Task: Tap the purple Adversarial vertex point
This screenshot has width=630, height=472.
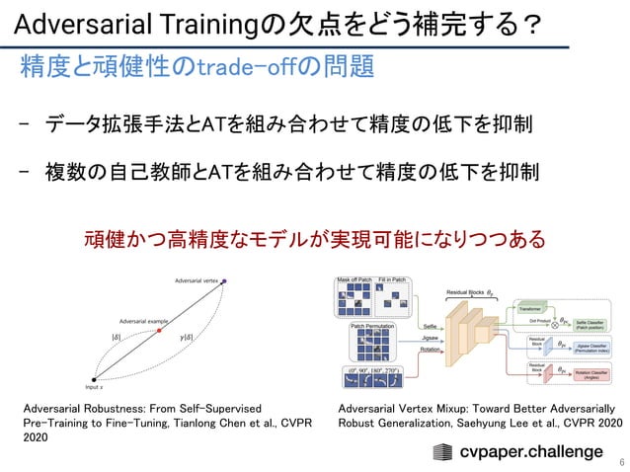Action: click(x=224, y=282)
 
